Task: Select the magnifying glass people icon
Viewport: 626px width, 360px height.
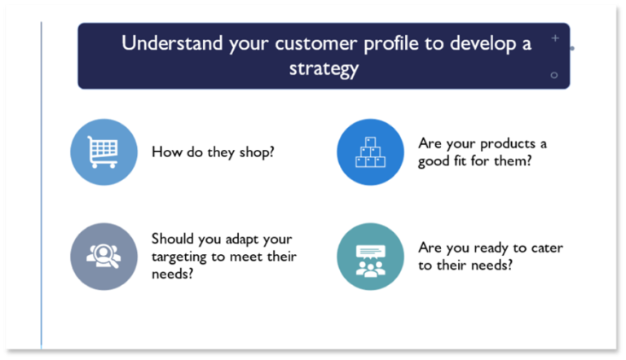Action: (x=104, y=256)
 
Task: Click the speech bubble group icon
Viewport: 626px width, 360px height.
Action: (x=370, y=256)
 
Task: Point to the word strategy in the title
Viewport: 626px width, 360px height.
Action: (x=324, y=68)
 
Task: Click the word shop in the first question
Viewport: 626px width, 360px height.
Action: (x=258, y=152)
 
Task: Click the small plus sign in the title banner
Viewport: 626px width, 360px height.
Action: (x=554, y=37)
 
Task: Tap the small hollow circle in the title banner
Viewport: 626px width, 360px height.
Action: (x=554, y=75)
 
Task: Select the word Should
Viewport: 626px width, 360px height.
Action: (x=173, y=239)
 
